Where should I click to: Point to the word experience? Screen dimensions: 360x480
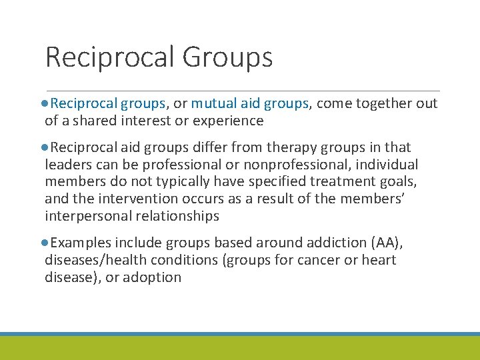pos(229,121)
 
